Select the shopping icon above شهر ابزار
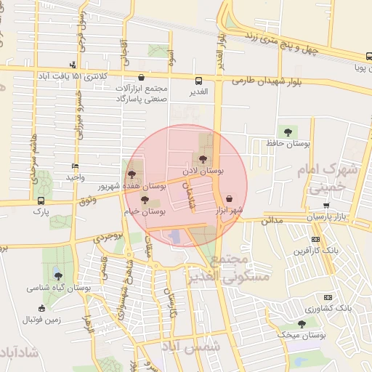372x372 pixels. pyautogui.click(x=230, y=198)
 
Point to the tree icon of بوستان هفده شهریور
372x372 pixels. pyautogui.click(x=131, y=174)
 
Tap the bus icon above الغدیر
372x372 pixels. pyautogui.click(x=198, y=81)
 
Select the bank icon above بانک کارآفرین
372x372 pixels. pyautogui.click(x=315, y=239)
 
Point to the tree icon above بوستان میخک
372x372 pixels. pyautogui.click(x=302, y=324)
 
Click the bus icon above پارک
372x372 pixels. pyautogui.click(x=39, y=201)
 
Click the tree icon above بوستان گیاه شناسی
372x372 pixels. pyautogui.click(x=58, y=276)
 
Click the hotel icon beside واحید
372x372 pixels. pyautogui.click(x=75, y=166)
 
